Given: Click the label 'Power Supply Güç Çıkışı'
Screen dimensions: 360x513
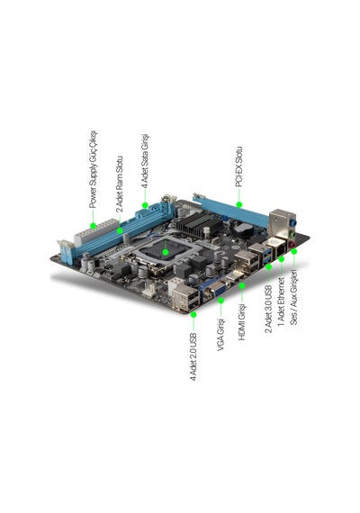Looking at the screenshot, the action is point(93,169).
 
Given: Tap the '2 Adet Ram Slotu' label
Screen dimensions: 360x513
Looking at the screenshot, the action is point(120,184).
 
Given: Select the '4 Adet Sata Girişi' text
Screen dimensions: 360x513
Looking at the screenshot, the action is point(145,160).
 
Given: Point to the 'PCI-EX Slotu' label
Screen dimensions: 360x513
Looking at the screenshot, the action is point(238,166).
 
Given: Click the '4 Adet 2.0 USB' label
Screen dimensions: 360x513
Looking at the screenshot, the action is point(193,357).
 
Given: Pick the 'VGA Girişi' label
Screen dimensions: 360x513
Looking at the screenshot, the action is point(220,335).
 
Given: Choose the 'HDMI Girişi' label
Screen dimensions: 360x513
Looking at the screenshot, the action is point(242,322).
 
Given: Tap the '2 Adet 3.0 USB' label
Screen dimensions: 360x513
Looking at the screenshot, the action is point(268,309).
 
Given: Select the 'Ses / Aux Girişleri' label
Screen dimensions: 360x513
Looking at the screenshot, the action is point(294,297).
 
